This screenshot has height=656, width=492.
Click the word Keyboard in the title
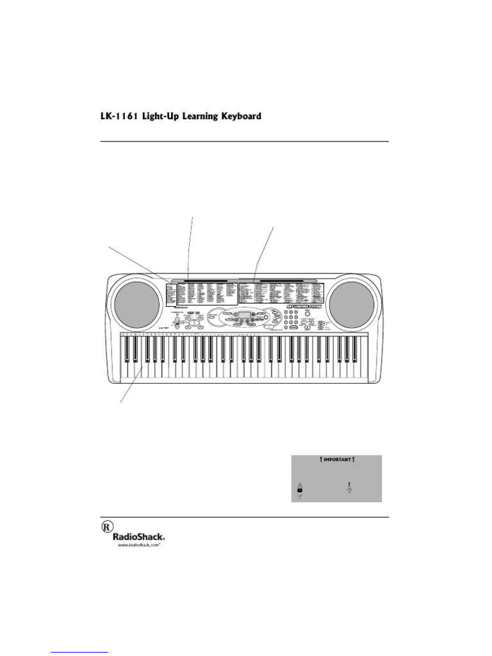tap(239, 117)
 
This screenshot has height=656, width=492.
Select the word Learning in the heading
tap(193, 117)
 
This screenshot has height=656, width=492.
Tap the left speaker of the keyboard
tap(135, 303)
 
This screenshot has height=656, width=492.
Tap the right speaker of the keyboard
tap(353, 303)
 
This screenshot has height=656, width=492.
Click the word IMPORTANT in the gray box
tap(336, 460)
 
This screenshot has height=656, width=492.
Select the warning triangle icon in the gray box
tap(299, 485)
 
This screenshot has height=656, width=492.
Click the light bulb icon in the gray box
tap(349, 488)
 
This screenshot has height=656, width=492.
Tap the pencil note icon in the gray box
tap(299, 498)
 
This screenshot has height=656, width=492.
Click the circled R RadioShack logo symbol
tap(106, 527)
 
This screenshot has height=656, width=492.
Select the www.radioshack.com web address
tap(138, 546)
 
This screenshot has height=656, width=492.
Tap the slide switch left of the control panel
tap(175, 323)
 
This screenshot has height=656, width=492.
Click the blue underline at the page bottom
tap(79, 653)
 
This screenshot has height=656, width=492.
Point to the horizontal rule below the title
tap(244, 141)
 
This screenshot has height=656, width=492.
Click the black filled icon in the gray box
tap(299, 491)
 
